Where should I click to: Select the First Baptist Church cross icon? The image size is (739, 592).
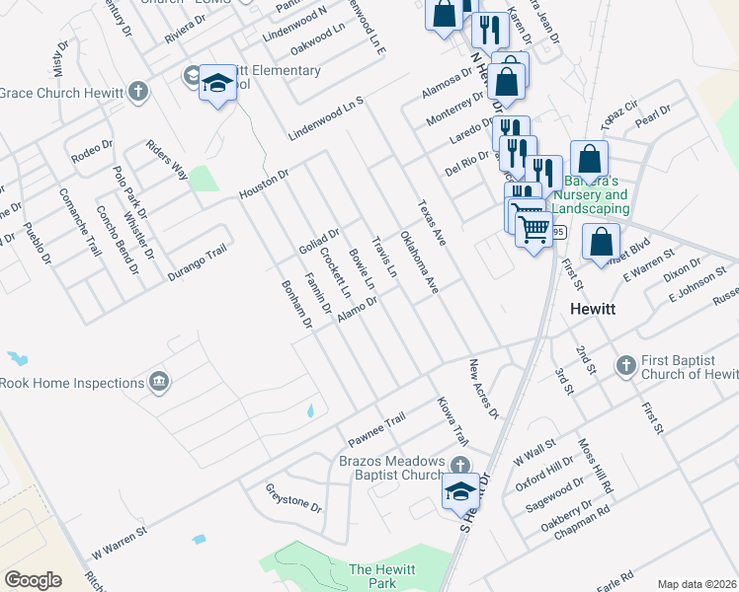[624, 366]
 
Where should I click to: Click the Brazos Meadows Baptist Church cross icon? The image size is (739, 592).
[458, 465]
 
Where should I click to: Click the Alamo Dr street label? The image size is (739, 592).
[357, 309]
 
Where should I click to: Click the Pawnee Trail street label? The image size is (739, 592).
[376, 427]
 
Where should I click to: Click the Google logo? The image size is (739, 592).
[33, 580]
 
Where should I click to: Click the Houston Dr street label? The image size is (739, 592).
[264, 184]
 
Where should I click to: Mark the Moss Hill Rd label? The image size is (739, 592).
[597, 467]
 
